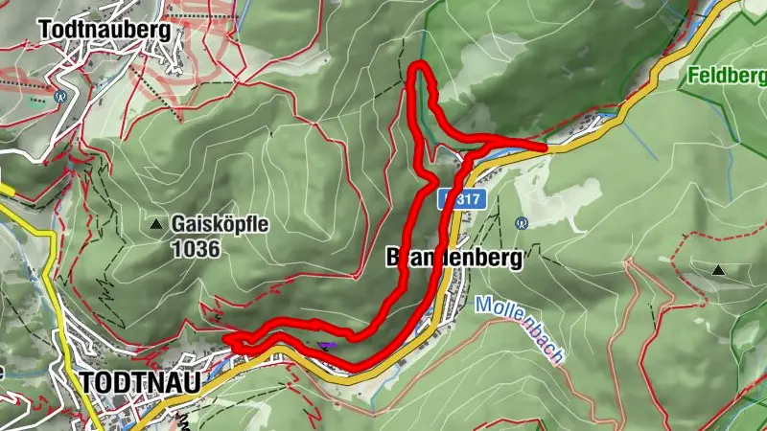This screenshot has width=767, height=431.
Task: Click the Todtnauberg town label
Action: [105, 30]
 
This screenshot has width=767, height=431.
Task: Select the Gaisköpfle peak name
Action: [221, 225]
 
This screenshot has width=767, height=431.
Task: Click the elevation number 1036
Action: [197, 249]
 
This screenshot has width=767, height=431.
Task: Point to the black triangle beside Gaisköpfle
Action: [156, 225]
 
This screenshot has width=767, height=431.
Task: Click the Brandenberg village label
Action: [453, 258]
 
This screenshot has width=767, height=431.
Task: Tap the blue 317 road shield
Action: [466, 200]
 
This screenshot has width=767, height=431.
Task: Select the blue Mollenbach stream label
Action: [518, 329]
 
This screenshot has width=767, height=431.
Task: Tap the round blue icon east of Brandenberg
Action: [522, 223]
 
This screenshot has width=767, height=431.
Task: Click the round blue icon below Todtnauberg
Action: [60, 96]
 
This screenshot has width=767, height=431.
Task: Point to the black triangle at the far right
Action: [718, 271]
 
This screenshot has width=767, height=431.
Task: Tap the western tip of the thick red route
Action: [227, 339]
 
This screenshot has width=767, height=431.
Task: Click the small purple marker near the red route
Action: [327, 346]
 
